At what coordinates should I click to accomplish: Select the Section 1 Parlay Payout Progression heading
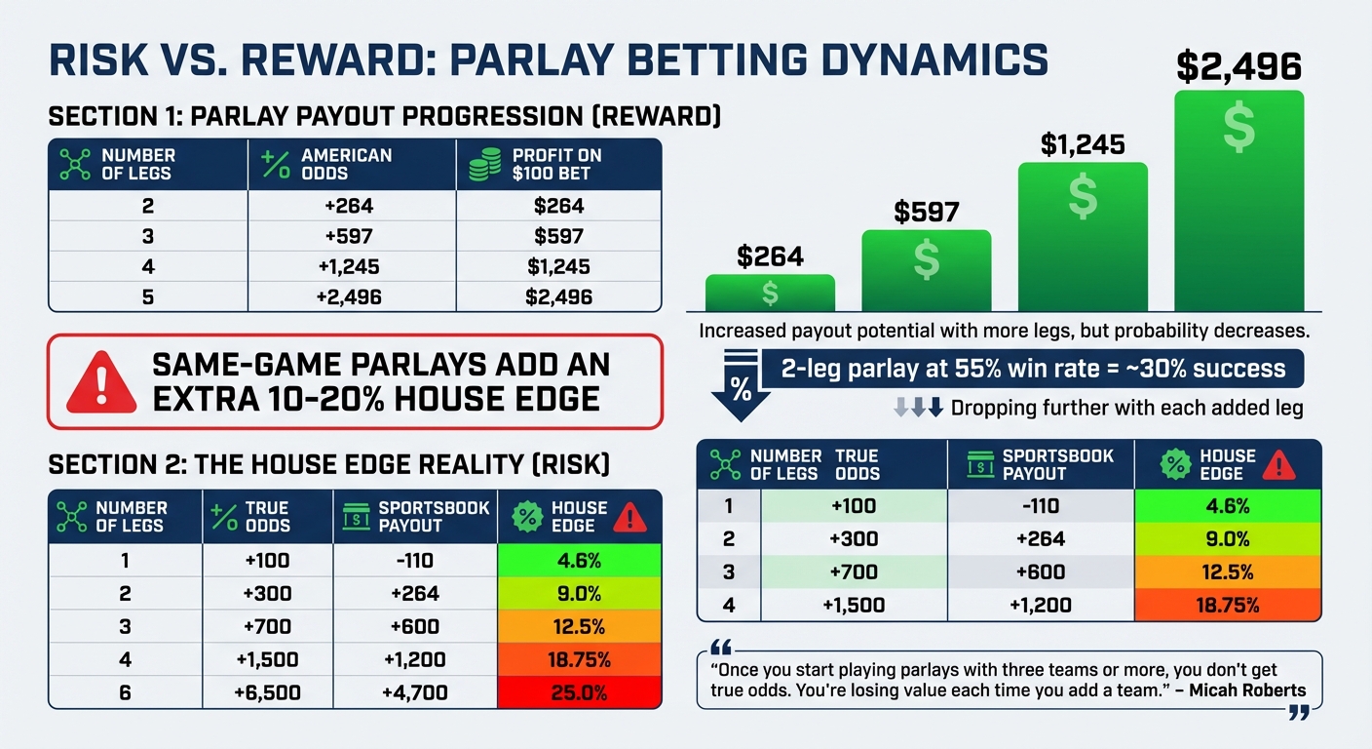pyautogui.click(x=385, y=117)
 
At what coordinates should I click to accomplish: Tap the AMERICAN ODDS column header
pyautogui.click(x=346, y=164)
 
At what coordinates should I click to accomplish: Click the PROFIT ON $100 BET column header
pyautogui.click(x=558, y=164)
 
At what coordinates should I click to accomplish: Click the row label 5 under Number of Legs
pyautogui.click(x=148, y=296)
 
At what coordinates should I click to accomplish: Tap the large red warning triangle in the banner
pyautogui.click(x=101, y=382)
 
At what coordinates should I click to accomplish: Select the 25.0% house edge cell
pyautogui.click(x=579, y=693)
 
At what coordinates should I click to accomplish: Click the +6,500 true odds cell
pyautogui.click(x=267, y=693)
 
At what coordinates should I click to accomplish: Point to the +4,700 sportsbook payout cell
pyautogui.click(x=415, y=693)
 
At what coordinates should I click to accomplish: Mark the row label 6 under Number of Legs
pyautogui.click(x=125, y=693)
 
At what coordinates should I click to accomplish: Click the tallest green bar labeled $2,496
pyautogui.click(x=1239, y=200)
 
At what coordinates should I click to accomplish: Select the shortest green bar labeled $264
pyautogui.click(x=770, y=293)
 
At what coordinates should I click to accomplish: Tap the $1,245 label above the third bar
pyautogui.click(x=1083, y=145)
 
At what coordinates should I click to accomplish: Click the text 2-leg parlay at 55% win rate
pyautogui.click(x=1033, y=370)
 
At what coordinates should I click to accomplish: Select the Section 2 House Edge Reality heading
pyautogui.click(x=328, y=465)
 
